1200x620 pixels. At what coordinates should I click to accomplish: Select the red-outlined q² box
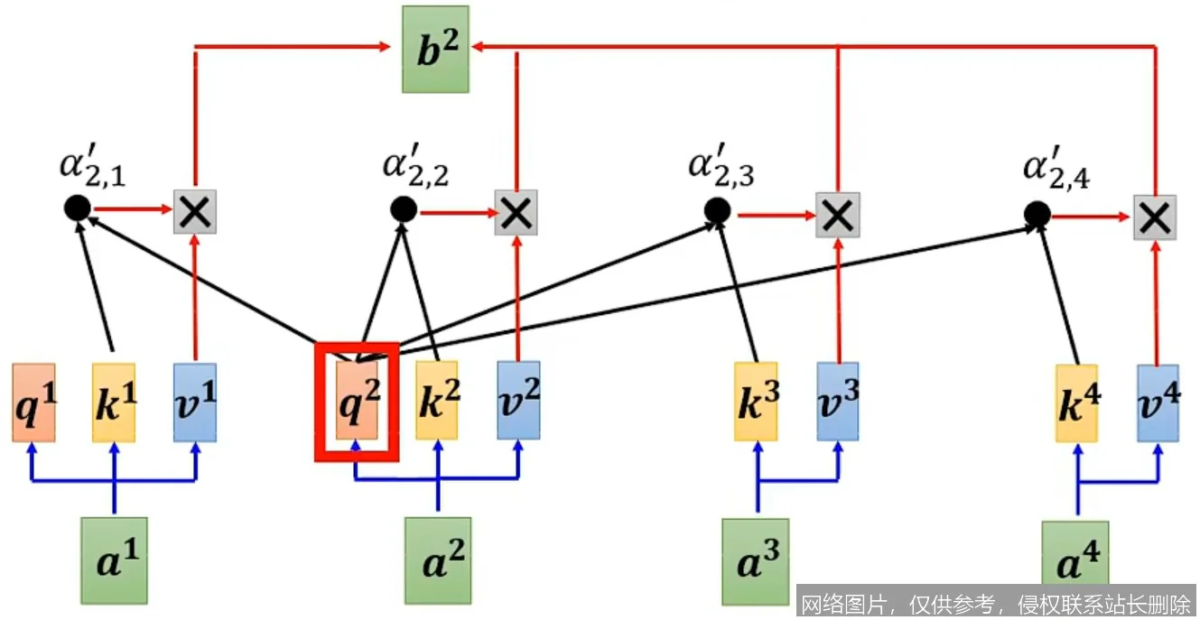[357, 402]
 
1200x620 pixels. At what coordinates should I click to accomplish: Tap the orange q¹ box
[34, 403]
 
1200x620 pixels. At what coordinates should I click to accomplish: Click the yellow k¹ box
[114, 403]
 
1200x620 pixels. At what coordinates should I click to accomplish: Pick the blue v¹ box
[195, 403]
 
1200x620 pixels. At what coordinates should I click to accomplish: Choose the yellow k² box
[437, 401]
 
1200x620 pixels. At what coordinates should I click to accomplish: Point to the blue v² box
[518, 401]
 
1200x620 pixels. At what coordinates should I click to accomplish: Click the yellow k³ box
[756, 402]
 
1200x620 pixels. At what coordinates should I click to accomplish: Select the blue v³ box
[838, 402]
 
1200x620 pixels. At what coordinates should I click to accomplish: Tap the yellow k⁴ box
[1077, 403]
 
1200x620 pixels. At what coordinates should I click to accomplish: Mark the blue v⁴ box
[1158, 403]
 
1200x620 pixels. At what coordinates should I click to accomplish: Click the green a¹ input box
[114, 560]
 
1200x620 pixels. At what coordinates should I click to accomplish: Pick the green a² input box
[438, 560]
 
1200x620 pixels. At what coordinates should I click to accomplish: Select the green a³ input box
[756, 561]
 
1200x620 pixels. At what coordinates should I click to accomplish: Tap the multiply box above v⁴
[1157, 217]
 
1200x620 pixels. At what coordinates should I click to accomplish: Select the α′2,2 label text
[416, 167]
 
